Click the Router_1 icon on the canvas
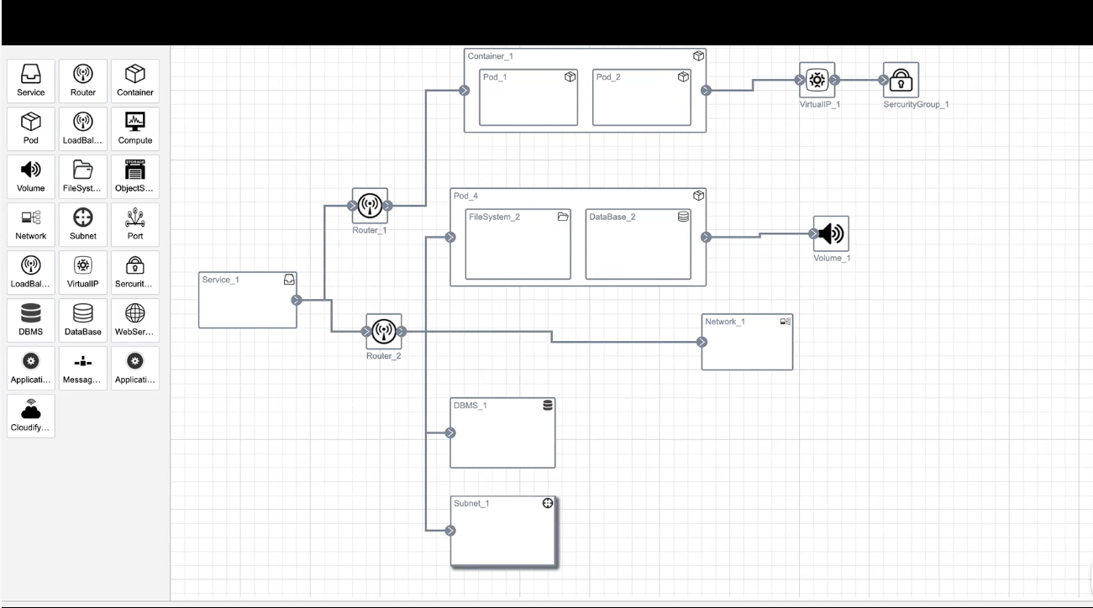tap(370, 205)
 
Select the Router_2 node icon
tap(384, 331)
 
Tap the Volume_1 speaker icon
tap(830, 233)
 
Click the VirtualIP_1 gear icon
tap(817, 81)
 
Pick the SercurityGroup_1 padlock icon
tap(901, 81)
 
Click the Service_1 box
tap(247, 300)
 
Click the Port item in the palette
tap(135, 224)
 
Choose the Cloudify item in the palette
tap(31, 416)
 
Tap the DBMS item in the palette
tap(31, 320)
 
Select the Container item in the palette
tap(135, 81)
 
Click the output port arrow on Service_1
tap(296, 300)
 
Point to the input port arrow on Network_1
tap(702, 342)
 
